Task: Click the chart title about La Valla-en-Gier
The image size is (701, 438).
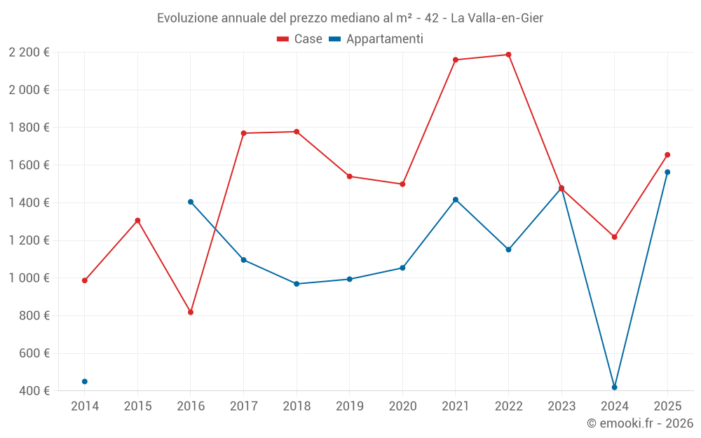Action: coord(350,18)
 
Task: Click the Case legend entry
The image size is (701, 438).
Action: coord(299,39)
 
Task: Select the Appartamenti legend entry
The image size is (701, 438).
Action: coord(376,39)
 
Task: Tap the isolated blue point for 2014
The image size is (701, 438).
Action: coord(85,381)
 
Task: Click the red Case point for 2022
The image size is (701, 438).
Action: coord(508,55)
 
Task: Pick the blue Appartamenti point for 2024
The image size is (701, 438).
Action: coord(615,387)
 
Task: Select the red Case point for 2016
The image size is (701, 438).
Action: coord(191,312)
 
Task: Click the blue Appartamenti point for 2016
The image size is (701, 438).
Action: coord(191,202)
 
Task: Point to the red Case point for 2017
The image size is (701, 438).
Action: coord(243,133)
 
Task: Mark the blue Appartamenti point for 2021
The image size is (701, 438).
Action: coord(456,200)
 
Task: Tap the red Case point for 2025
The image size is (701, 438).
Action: coord(667,155)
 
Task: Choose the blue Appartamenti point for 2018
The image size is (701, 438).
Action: coord(297,284)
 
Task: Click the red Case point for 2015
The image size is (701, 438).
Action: coord(137,220)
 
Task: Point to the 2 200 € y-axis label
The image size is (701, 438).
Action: coord(29,53)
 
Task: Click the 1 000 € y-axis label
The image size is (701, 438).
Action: coord(29,278)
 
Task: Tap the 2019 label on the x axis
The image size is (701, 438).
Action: coord(349,406)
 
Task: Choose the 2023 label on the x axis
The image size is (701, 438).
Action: coord(562,406)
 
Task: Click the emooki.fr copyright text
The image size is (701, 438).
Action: coord(639,423)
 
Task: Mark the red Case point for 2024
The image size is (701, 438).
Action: coord(615,237)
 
